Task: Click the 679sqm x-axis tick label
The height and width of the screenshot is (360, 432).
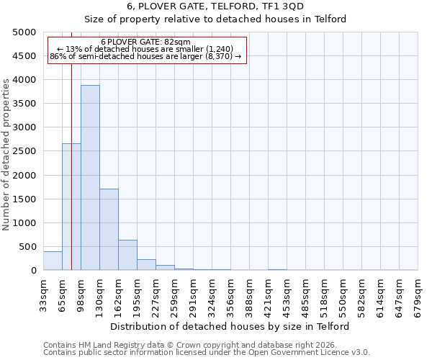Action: click(x=418, y=294)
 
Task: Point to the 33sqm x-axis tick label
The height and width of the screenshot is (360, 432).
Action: click(x=43, y=294)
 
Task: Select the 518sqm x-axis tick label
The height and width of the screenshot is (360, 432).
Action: click(x=324, y=294)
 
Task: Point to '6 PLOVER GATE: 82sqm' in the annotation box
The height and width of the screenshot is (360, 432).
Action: click(x=146, y=42)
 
